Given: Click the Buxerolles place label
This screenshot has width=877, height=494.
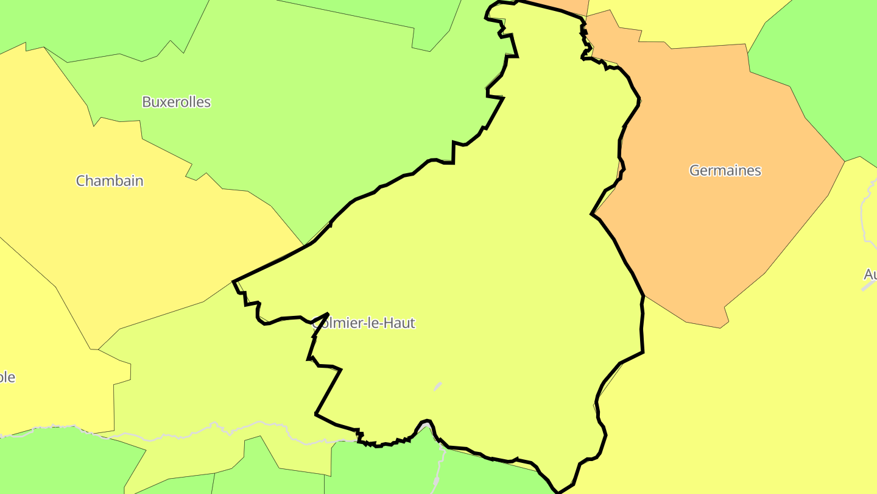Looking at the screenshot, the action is tap(176, 102).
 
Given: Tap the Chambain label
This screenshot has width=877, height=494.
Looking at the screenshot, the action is tap(110, 181).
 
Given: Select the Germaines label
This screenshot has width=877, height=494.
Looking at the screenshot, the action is tap(725, 170).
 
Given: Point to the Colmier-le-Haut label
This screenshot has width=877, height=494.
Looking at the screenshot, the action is tap(364, 323).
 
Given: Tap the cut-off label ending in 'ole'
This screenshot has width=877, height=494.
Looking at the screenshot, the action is tap(7, 377).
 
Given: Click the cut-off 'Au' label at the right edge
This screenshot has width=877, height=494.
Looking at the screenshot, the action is tap(870, 274).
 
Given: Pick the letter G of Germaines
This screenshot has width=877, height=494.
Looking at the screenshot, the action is tap(694, 170).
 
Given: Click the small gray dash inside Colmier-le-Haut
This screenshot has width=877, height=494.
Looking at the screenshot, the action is tap(437, 386).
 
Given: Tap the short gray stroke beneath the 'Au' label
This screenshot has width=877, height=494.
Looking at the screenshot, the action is tap(868, 285).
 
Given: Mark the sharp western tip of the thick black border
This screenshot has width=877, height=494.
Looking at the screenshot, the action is tap(234, 281).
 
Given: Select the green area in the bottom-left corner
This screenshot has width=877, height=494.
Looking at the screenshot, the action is tap(61, 464).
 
